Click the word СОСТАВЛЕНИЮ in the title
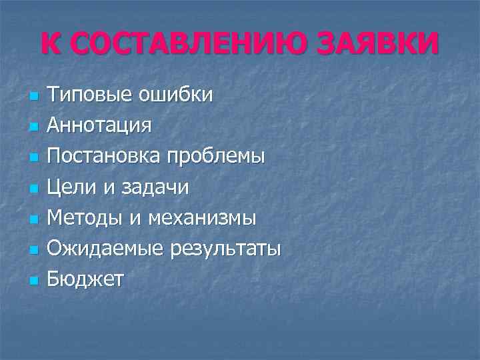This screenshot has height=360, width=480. click(178, 44)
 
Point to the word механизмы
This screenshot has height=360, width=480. click(202, 219)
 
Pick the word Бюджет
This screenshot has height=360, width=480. click(85, 280)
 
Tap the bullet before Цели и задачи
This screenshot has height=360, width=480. click(32, 189)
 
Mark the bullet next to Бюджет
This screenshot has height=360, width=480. click(32, 281)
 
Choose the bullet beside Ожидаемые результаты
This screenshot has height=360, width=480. click(32, 251)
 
